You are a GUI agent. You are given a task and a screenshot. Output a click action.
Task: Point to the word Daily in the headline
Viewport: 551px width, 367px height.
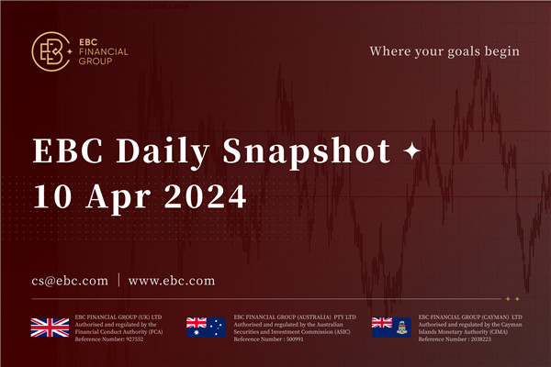168,149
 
